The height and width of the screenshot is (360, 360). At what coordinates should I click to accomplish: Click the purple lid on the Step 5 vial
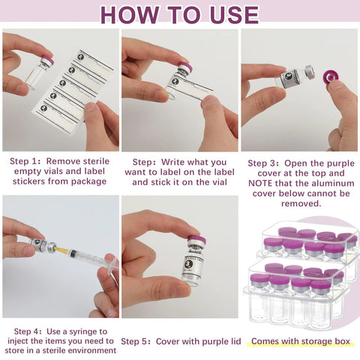(196, 241)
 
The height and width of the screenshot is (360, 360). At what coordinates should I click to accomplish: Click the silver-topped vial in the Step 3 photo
(297, 76)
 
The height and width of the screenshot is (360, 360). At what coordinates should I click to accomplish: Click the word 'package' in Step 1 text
(89, 181)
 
